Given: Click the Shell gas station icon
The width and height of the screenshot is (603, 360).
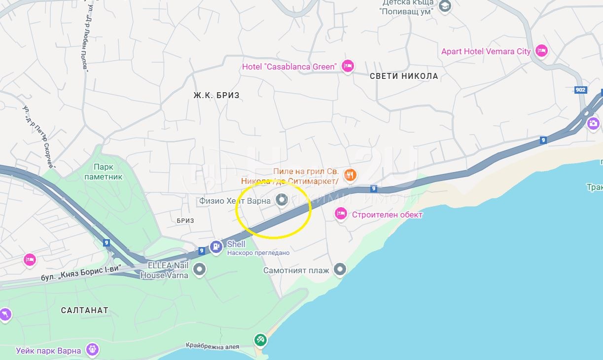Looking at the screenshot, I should pyautogui.click(x=216, y=247).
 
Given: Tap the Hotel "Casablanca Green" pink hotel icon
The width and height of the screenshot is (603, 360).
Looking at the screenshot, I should pyautogui.click(x=348, y=67).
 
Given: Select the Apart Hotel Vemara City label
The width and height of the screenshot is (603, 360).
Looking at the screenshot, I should pyautogui.click(x=486, y=51).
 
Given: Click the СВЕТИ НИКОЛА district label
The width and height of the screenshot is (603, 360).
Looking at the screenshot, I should pyautogui.click(x=404, y=76).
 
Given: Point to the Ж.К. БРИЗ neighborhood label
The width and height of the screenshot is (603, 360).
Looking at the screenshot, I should pyautogui.click(x=216, y=95).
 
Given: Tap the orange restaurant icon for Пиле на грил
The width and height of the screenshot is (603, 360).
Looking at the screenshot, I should pyautogui.click(x=350, y=174).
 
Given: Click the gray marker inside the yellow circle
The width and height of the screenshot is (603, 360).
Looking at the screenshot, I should pyautogui.click(x=282, y=200).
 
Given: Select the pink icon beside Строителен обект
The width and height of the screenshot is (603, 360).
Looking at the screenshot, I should pyautogui.click(x=340, y=214).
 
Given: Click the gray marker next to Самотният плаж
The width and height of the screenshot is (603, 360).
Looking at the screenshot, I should pyautogui.click(x=340, y=269).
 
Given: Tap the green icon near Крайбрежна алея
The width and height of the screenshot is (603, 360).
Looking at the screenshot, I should pyautogui.click(x=260, y=339).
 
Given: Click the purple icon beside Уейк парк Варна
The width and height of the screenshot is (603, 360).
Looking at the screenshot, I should pyautogui.click(x=92, y=350).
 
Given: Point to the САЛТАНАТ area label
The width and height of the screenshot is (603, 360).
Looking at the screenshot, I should pyautogui.click(x=84, y=310).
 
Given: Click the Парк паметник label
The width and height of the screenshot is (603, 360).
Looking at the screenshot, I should pyautogui.click(x=103, y=172).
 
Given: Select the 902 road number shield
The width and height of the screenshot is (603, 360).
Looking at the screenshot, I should pyautogui.click(x=581, y=90).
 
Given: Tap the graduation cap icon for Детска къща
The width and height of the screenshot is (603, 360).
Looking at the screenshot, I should pyautogui.click(x=445, y=6).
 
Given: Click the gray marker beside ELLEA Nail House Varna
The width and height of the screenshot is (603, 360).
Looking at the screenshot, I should pyautogui.click(x=199, y=269).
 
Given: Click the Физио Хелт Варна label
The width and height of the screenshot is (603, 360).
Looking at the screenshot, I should pyautogui.click(x=235, y=201).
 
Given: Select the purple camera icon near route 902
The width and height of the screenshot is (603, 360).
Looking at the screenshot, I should pyautogui.click(x=593, y=123).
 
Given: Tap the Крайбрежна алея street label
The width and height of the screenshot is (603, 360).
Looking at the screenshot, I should pyautogui.click(x=213, y=346).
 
